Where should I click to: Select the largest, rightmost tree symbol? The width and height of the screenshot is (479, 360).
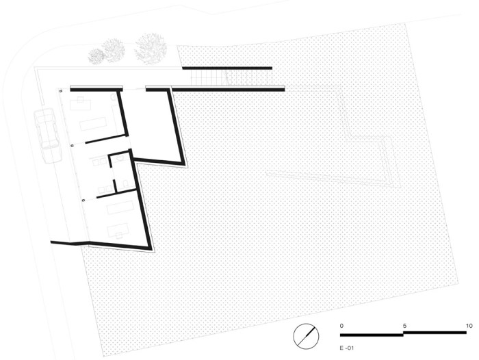pyautogui.click(x=151, y=48)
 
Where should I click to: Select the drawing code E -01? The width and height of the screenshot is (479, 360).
pyautogui.click(x=347, y=348)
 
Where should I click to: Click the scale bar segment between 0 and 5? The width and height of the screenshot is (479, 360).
pyautogui.click(x=372, y=335)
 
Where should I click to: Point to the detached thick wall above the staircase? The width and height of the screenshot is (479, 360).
pyautogui.click(x=226, y=68)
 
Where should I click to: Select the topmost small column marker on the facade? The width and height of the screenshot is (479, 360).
pyautogui.click(x=61, y=90)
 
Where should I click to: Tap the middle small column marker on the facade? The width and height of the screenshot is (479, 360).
pyautogui.click(x=73, y=145)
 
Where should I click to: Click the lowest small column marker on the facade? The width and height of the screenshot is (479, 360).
pyautogui.click(x=83, y=200)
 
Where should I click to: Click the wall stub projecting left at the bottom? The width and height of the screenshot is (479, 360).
pyautogui.click(x=67, y=242)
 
